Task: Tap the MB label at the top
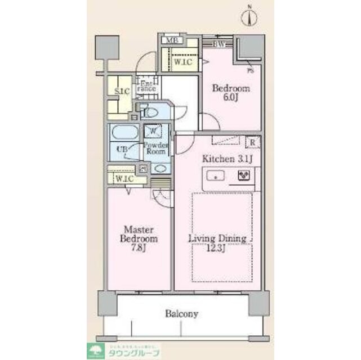click(171, 41)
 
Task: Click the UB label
click(121, 150)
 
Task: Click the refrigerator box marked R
click(252, 142)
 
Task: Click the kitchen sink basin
click(216, 176)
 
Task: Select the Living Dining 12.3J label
click(217, 244)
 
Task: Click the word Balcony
click(181, 314)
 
